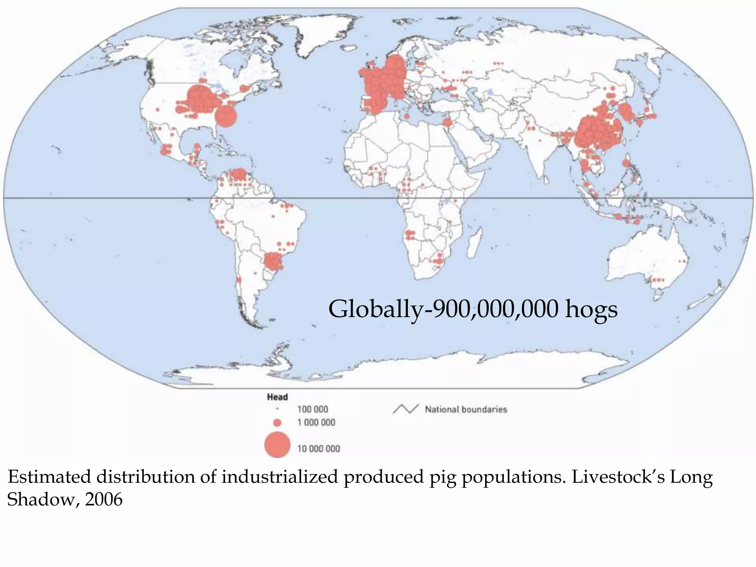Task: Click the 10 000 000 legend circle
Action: tap(277, 444)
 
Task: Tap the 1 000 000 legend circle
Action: tap(278, 422)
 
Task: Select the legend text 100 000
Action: tap(313, 409)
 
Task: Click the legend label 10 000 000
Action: tap(319, 449)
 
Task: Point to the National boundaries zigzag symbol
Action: tap(405, 409)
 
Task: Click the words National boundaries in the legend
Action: tap(466, 409)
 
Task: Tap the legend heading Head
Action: tap(277, 397)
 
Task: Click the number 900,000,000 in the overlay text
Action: tap(495, 309)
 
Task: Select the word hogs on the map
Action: tap(591, 309)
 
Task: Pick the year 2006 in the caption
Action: tap(104, 500)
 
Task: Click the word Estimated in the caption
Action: tap(49, 477)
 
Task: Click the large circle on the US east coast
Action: tap(225, 116)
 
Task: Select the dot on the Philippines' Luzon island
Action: tap(626, 163)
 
